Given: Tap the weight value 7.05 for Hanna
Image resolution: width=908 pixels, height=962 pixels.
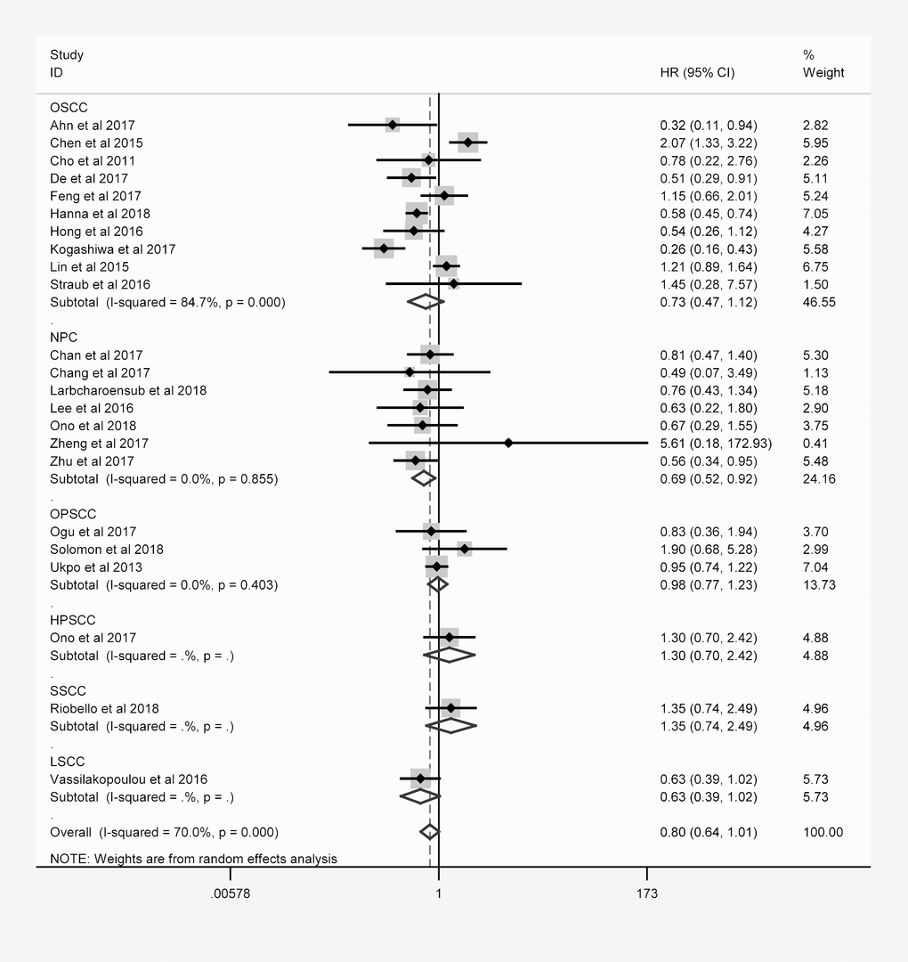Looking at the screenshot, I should [815, 214].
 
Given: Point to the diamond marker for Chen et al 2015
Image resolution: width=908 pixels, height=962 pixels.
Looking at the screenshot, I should [468, 143].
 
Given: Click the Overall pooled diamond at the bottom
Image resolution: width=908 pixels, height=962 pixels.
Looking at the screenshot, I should [430, 832].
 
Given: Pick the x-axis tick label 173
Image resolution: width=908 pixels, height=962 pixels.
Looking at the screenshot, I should [647, 893].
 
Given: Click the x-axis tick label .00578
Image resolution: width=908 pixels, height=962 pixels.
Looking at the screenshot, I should [231, 893].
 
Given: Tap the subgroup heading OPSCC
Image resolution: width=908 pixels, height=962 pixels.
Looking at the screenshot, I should [73, 514].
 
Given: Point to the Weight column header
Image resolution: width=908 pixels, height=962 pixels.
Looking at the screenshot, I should [823, 73].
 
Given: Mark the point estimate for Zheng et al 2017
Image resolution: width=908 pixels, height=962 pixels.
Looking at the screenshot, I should [508, 443].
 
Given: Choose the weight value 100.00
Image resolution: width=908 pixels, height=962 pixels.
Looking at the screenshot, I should [823, 832].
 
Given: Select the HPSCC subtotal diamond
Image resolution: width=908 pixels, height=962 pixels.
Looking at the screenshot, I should [450, 656].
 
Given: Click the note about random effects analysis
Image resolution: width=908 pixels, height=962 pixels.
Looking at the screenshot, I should [193, 859].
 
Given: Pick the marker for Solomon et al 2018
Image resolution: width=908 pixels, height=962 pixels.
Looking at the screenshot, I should [464, 549].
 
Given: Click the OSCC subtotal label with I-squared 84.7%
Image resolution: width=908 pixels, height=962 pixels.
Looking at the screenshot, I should [167, 302].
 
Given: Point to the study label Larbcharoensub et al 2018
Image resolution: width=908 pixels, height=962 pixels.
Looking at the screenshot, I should [128, 390].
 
